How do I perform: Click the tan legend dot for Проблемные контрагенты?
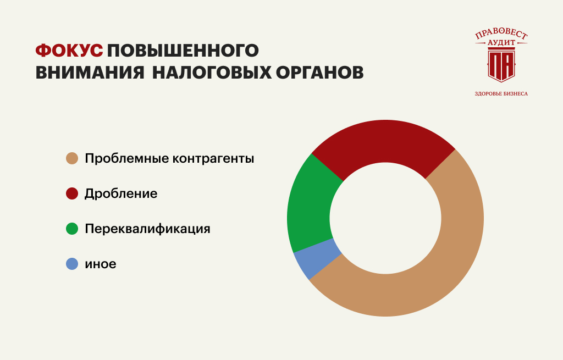(72, 158)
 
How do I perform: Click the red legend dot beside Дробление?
(72, 193)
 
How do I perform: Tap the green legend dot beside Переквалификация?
(72, 229)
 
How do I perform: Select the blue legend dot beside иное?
(72, 264)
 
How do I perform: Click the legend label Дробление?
(121, 193)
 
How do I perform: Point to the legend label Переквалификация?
(147, 229)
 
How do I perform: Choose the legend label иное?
(101, 264)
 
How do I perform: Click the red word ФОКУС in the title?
(69, 50)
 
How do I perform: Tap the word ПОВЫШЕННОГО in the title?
(183, 50)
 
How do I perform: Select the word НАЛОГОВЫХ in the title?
(212, 72)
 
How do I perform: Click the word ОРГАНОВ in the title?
(320, 72)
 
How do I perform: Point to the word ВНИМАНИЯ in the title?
(90, 72)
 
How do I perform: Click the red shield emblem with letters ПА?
(501, 66)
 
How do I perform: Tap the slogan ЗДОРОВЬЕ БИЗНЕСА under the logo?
(501, 93)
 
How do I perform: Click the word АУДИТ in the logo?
(501, 43)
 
